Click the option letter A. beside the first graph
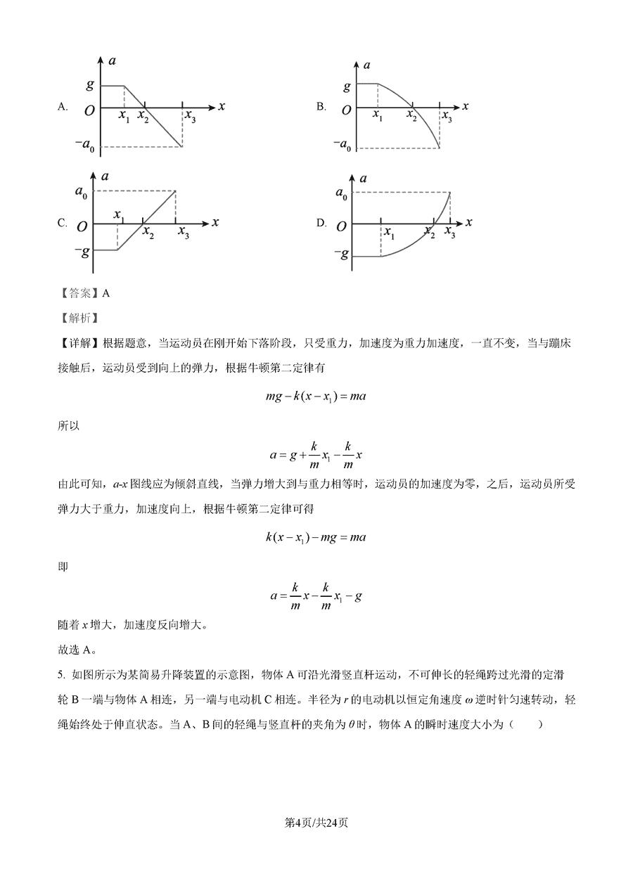(x=63, y=107)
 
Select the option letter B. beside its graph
(x=321, y=107)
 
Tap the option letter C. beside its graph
(x=63, y=223)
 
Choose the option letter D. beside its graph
(x=321, y=223)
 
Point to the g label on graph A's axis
(x=90, y=85)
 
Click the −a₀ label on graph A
(x=87, y=146)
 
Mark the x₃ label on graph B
(x=447, y=118)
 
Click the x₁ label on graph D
(x=388, y=232)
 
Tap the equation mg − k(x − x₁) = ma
(x=316, y=397)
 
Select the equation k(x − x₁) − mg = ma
(x=316, y=537)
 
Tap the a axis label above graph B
(x=366, y=65)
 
